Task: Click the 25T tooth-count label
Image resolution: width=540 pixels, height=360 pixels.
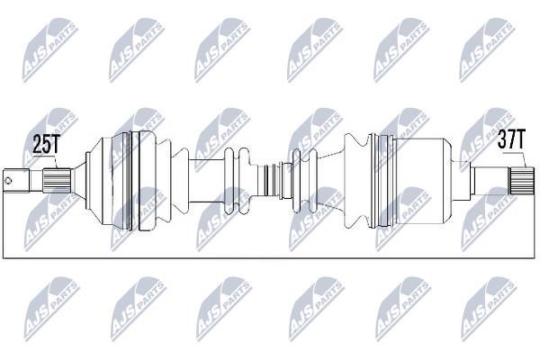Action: (47, 144)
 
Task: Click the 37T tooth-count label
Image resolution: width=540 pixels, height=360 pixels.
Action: (512, 139)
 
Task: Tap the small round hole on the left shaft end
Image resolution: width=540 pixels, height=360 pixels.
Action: (8, 181)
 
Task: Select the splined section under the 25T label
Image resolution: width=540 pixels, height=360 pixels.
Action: (58, 181)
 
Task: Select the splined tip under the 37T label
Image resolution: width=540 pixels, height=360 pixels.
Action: (522, 180)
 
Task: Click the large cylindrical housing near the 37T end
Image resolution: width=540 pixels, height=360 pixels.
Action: (418, 182)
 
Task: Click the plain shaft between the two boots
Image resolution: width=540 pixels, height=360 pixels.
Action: (207, 181)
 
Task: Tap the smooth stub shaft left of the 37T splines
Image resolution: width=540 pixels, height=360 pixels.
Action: (490, 180)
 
